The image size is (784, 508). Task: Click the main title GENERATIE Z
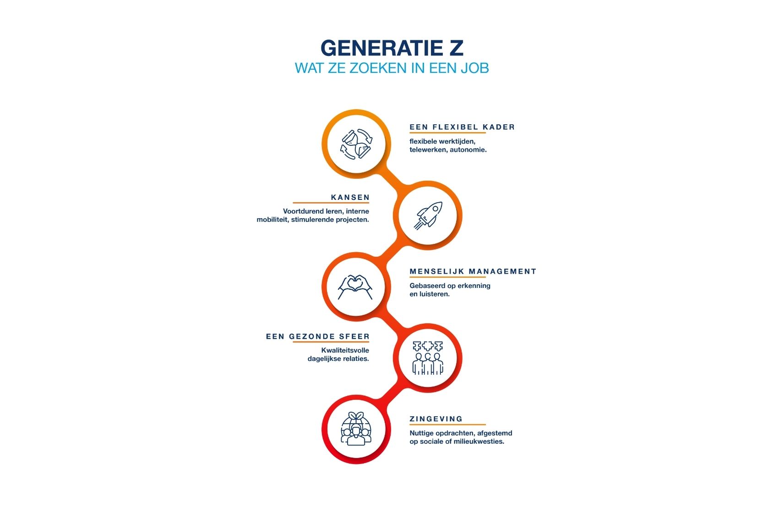(392, 48)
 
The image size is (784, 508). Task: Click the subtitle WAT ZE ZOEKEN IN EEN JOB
(392, 68)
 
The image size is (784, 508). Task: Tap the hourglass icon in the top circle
(356, 144)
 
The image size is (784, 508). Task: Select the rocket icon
(428, 215)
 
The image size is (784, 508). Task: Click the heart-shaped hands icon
(355, 287)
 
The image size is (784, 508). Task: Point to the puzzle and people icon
(428, 358)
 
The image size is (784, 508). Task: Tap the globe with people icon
(356, 429)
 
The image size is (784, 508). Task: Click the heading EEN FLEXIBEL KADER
(462, 127)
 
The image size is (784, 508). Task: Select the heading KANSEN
(350, 198)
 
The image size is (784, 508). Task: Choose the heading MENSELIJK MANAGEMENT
(473, 271)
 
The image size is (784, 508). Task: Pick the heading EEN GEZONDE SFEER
(318, 337)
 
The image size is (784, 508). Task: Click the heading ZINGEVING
(436, 419)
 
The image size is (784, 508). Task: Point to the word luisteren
(435, 294)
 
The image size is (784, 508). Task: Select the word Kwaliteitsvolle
(345, 350)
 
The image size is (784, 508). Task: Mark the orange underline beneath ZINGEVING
(448, 425)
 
